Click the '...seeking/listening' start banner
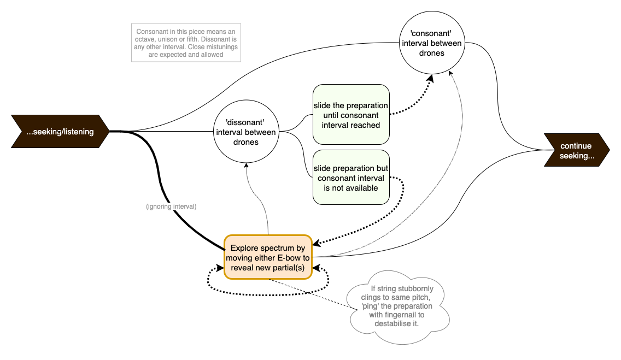[59, 132]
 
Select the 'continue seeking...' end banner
[576, 150]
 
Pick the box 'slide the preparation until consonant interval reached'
[350, 115]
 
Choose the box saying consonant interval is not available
[350, 178]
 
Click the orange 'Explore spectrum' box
[267, 257]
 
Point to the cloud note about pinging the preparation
[397, 305]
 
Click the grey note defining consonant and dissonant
[186, 43]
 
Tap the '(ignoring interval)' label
[171, 206]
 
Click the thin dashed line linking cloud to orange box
[309, 293]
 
